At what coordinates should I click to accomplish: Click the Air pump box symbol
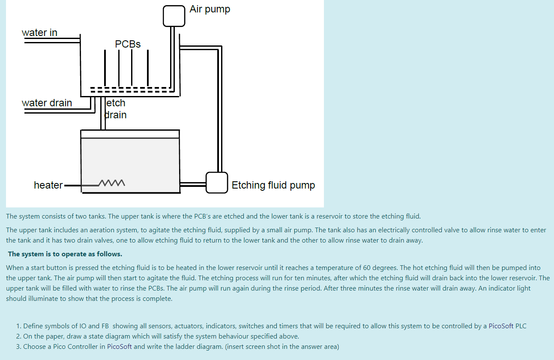tap(174, 16)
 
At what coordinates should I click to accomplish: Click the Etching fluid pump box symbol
tap(216, 183)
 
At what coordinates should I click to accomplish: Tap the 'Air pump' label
tap(210, 9)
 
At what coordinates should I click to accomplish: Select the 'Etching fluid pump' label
tap(273, 185)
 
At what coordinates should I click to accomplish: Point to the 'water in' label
tap(39, 33)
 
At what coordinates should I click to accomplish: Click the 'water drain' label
tap(47, 103)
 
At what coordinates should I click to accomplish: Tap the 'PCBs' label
tap(128, 44)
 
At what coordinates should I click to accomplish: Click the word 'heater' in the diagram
tap(48, 185)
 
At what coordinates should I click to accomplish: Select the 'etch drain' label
tap(116, 109)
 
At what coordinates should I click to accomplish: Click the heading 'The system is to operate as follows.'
tap(65, 254)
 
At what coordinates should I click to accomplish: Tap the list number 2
tap(18, 336)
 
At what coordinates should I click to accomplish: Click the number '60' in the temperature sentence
tap(367, 268)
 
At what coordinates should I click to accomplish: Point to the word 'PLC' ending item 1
tap(521, 326)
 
